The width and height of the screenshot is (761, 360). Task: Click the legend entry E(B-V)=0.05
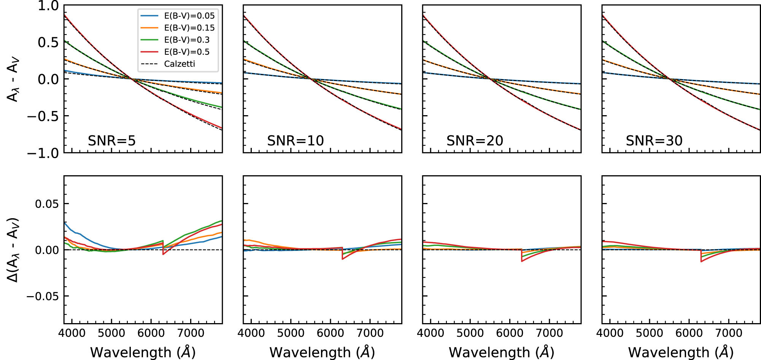pyautogui.click(x=189, y=16)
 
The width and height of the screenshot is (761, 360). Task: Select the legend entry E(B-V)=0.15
pyautogui.click(x=189, y=28)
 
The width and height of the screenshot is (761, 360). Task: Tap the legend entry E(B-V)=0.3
pyautogui.click(x=186, y=40)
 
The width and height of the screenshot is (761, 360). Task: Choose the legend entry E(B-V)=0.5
pyautogui.click(x=186, y=52)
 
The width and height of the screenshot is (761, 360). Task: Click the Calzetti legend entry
pyautogui.click(x=179, y=64)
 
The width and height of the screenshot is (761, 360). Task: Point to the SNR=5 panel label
pyautogui.click(x=111, y=141)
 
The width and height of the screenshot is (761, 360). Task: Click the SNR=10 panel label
pyautogui.click(x=295, y=141)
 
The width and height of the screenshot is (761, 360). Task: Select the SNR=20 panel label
pyautogui.click(x=475, y=141)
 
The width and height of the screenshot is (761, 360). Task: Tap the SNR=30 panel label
pyautogui.click(x=654, y=141)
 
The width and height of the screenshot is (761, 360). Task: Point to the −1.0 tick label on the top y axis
pyautogui.click(x=43, y=153)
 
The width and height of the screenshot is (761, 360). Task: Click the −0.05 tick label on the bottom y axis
pyautogui.click(x=43, y=296)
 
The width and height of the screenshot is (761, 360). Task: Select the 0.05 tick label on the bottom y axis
pyautogui.click(x=47, y=204)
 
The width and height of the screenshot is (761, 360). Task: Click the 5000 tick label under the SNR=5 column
pyautogui.click(x=111, y=333)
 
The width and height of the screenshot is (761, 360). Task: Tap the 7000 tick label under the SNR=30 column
pyautogui.click(x=729, y=333)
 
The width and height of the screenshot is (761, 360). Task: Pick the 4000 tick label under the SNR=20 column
pyautogui.click(x=430, y=333)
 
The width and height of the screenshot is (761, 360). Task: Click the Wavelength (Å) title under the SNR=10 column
pyautogui.click(x=322, y=352)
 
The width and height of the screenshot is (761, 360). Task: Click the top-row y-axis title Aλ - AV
pyautogui.click(x=13, y=80)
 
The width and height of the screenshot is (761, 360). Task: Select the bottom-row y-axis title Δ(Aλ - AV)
pyautogui.click(x=13, y=250)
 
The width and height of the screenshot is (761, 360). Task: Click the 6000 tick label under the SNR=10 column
pyautogui.click(x=330, y=333)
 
